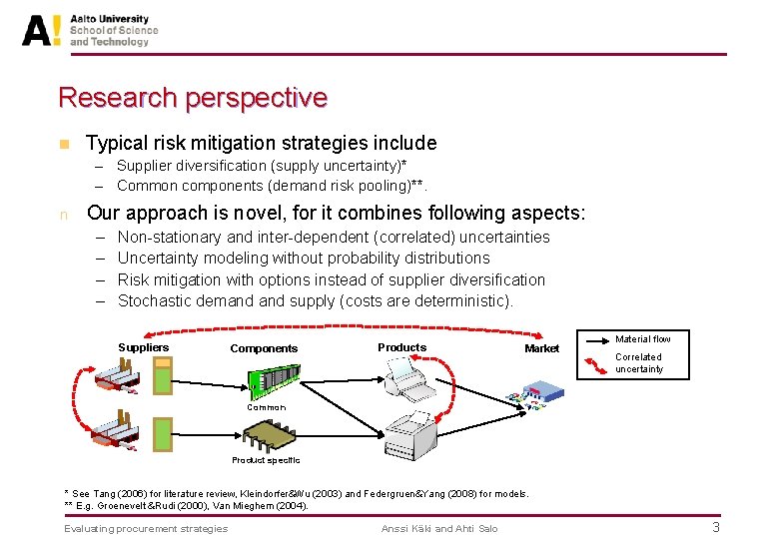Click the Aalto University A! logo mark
point(43,30)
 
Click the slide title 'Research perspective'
point(193,98)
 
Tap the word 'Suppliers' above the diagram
point(144,347)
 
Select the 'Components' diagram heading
point(264,348)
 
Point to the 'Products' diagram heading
point(401,347)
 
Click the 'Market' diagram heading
point(541,348)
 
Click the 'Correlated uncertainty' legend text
point(639,363)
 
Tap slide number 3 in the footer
point(715,528)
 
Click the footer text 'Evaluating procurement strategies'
point(146,528)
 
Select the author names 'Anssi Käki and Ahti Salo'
point(439,528)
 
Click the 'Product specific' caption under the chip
point(266,460)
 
